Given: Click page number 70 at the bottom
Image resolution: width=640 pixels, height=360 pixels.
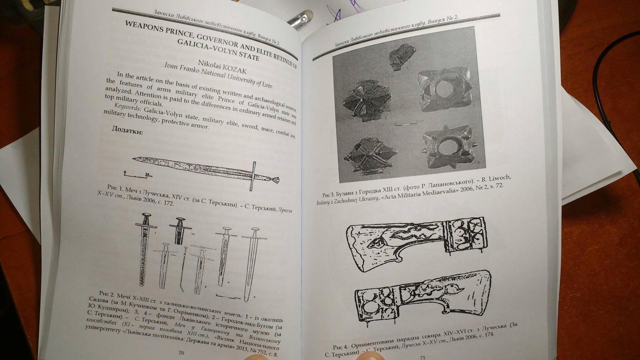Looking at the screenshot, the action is click(x=181, y=353).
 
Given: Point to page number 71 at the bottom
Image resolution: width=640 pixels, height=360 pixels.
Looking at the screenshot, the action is click(x=422, y=357).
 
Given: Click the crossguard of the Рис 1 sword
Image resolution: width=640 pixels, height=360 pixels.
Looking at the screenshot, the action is click(x=253, y=176).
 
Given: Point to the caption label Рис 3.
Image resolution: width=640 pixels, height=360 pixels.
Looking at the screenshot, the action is click(x=328, y=194).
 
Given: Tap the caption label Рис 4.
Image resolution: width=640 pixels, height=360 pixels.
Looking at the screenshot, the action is click(x=340, y=347).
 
